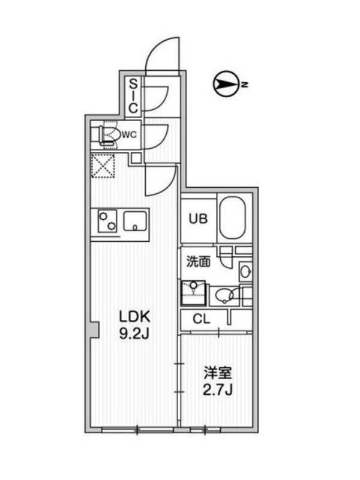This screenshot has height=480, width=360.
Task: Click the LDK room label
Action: click(134, 317)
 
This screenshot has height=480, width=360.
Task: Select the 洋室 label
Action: click(218, 373)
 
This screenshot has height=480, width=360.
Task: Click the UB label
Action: click(198, 219)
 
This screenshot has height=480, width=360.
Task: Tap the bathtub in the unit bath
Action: click(233, 218)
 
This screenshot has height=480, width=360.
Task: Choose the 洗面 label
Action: click(199, 262)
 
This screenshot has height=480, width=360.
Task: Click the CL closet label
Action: click(202, 319)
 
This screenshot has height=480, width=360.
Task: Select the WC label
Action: click(129, 134)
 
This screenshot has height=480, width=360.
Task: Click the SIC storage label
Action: click(133, 96)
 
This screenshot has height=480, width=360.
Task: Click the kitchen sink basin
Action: click(135, 221)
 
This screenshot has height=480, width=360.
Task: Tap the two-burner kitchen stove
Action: click(107, 221)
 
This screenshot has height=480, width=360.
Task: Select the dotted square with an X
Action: click(103, 166)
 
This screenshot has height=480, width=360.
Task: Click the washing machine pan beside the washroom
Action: click(193, 293)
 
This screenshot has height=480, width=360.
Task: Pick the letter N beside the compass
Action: click(244, 85)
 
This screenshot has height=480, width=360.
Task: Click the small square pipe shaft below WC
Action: click(136, 158)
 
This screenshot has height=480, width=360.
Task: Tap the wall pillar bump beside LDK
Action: click(94, 329)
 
